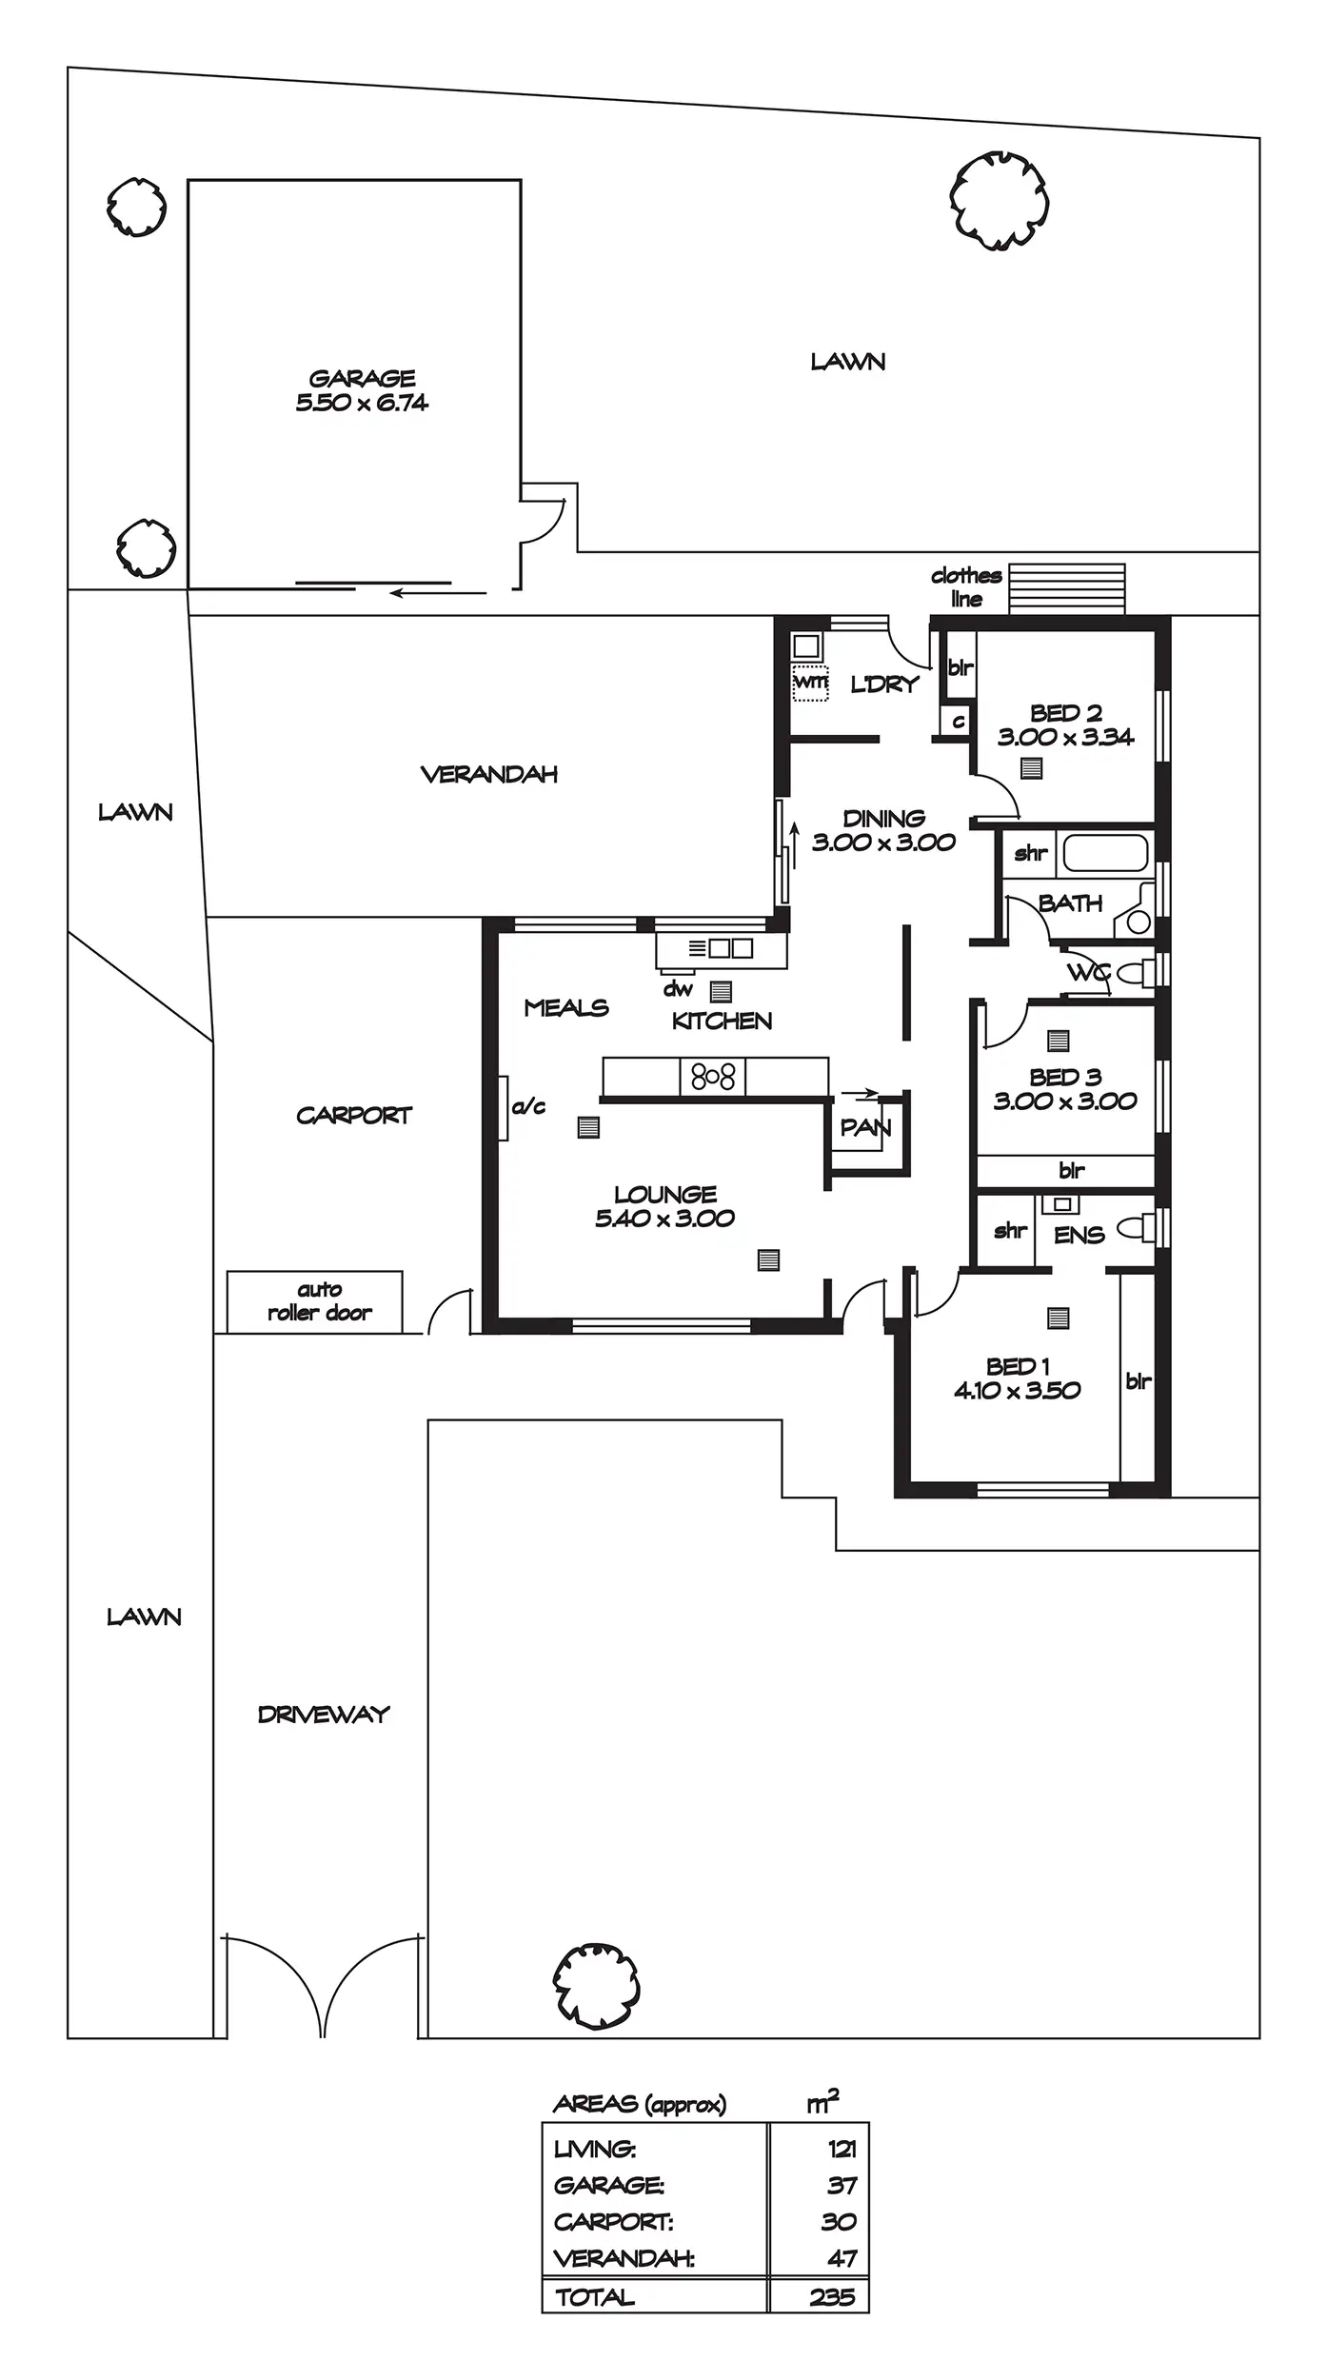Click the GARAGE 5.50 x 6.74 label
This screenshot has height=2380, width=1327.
tap(362, 390)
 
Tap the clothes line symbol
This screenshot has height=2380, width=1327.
tap(1066, 589)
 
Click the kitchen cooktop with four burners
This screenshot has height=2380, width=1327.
tap(713, 1077)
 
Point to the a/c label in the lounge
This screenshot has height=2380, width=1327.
tap(528, 1106)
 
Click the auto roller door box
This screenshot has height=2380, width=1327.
tap(315, 1301)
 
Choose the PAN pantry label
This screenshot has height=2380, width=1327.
tap(865, 1128)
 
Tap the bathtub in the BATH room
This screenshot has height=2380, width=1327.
tap(1105, 853)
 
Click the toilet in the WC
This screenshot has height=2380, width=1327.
tap(1133, 972)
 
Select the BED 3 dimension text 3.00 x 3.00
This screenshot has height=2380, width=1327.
tap(1065, 1101)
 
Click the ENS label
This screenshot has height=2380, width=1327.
tap(1079, 1235)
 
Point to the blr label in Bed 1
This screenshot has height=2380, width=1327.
tap(1139, 1381)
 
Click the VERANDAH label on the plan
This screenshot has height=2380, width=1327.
tap(488, 774)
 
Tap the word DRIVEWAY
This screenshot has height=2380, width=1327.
tap(324, 1715)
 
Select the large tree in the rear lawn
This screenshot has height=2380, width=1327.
tap(1000, 201)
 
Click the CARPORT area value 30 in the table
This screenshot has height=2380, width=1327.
tap(838, 2221)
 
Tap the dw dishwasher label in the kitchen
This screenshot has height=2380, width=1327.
tap(677, 989)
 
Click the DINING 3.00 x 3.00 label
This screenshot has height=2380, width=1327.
tap(883, 830)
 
